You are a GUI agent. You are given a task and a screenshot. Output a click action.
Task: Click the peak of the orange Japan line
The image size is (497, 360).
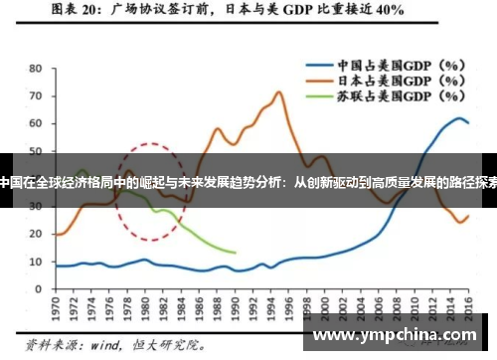pyautogui.click(x=279, y=92)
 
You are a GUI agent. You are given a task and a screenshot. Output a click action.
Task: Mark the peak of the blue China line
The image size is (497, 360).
pyautogui.click(x=458, y=118)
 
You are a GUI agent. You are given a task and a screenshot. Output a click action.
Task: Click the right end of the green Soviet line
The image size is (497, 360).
pyautogui.click(x=236, y=253)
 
